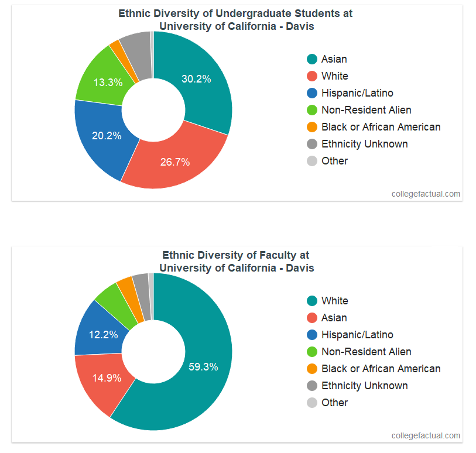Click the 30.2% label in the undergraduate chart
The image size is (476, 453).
coord(196,79)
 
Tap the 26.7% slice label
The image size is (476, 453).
coord(175,162)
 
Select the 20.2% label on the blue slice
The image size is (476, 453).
coord(107,136)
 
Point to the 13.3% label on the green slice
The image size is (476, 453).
coord(108,83)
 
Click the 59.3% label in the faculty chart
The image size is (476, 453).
coord(203,367)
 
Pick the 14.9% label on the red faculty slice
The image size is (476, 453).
coord(107,377)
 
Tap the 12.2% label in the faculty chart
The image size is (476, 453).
coord(104,335)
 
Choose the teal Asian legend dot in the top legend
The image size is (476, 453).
coord(312,59)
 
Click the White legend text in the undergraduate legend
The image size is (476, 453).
coord(335,76)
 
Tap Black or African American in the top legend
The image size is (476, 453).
coord(381,127)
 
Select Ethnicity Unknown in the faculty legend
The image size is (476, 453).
coord(364,386)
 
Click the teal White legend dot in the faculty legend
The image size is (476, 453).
coord(312,301)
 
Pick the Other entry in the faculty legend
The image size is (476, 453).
coord(334,403)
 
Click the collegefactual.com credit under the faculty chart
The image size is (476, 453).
coord(426,435)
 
